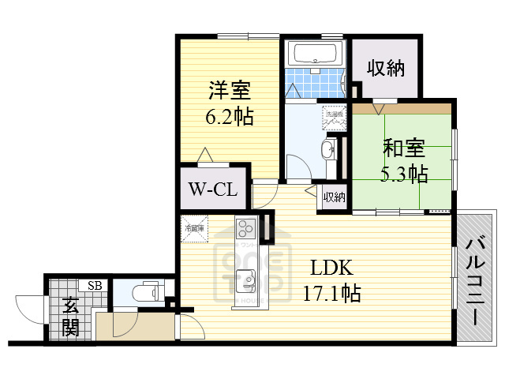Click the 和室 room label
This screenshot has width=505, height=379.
tap(404, 146)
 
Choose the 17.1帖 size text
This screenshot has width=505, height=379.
tap(332, 294)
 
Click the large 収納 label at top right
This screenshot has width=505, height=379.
tap(386, 68)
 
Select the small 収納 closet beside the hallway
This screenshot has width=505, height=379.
tap(333, 197)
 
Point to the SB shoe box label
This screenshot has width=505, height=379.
tap(94, 286)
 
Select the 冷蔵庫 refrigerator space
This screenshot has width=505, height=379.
tap(194, 227)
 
